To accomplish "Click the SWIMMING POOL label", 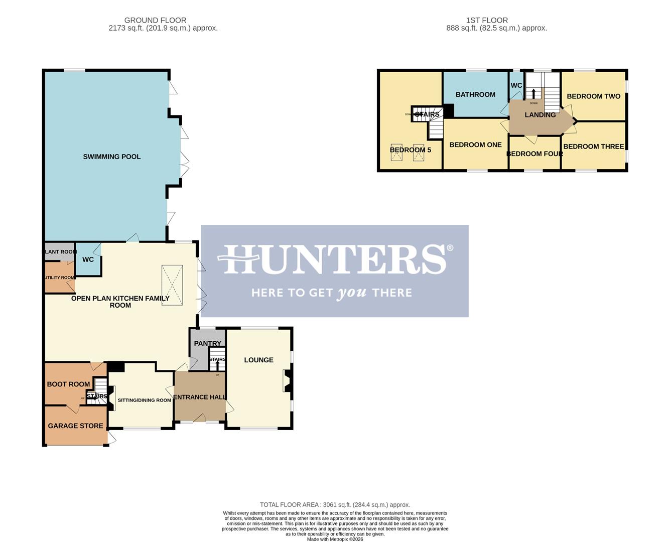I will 111,157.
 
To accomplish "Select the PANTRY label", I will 207,344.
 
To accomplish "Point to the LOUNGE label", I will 258,360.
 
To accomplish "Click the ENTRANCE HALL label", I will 199,397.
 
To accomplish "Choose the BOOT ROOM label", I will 68,384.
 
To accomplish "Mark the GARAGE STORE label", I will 75,426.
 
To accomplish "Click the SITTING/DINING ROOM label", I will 144,400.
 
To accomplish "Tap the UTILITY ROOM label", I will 60,278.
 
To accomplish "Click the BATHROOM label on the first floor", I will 475,94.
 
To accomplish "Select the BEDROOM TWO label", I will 593,96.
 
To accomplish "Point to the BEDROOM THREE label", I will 593,147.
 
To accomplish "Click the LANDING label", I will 540,115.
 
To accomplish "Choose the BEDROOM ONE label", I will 475,145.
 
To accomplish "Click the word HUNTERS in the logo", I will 335,259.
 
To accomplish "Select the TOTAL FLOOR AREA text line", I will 335,505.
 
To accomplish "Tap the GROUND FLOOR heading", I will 155,21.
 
